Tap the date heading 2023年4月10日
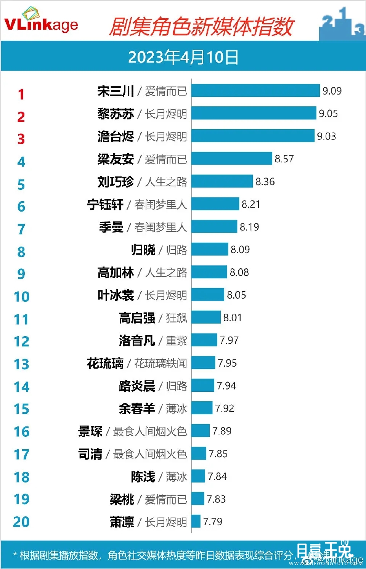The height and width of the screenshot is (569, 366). click(183, 57)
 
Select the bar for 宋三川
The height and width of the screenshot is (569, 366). click(255, 91)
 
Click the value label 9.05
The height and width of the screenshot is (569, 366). click(328, 114)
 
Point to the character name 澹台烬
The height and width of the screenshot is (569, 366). click(116, 136)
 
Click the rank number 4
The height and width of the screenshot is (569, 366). click(21, 162)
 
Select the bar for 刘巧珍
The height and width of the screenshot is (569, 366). click(222, 181)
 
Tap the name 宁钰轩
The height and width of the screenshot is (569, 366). click(105, 205)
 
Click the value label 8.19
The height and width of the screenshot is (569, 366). click(249, 227)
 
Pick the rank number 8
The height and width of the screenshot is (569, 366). click(21, 252)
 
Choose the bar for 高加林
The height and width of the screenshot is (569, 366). click(209, 272)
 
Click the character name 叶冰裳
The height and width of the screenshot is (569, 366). click(116, 295)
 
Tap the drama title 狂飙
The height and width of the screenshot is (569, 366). click(176, 318)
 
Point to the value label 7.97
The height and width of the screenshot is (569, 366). click(229, 340)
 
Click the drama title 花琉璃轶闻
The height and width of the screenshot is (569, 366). click(161, 364)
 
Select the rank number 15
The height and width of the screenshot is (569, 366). click(21, 409)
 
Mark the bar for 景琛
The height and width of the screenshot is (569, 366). click(201, 431)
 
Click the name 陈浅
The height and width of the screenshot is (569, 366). click(143, 477)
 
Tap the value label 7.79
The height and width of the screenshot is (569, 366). click(213, 522)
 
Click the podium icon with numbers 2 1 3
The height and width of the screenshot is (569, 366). click(342, 25)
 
